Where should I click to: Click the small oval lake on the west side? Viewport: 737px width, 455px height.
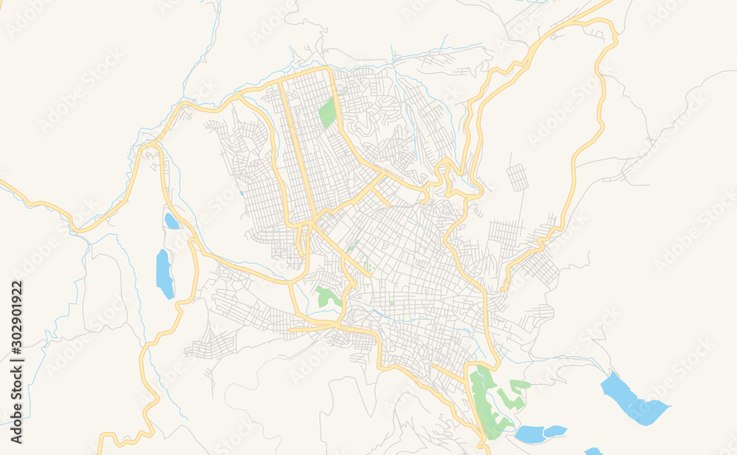click(x=171, y=221)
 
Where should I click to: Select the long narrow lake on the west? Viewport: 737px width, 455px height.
click(x=164, y=273)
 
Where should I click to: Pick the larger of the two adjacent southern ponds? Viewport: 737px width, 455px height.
click(x=528, y=434)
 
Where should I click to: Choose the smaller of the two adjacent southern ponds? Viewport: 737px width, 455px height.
click(x=555, y=431)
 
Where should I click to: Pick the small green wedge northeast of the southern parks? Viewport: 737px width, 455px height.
click(x=520, y=384)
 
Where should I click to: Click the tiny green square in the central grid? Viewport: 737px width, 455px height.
click(x=391, y=303)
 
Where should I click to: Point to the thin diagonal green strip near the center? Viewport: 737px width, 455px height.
click(x=354, y=244)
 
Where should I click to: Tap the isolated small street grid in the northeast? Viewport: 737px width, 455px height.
click(x=518, y=177)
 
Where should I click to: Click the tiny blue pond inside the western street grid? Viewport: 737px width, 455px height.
click(x=241, y=194)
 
